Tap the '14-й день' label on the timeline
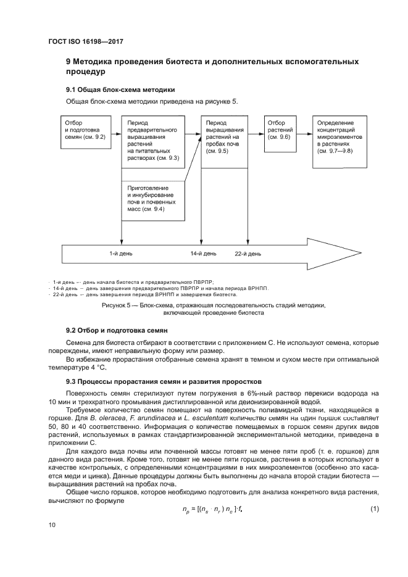click(x=203, y=254)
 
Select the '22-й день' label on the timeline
click(x=248, y=254)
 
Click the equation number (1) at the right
click(x=374, y=509)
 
